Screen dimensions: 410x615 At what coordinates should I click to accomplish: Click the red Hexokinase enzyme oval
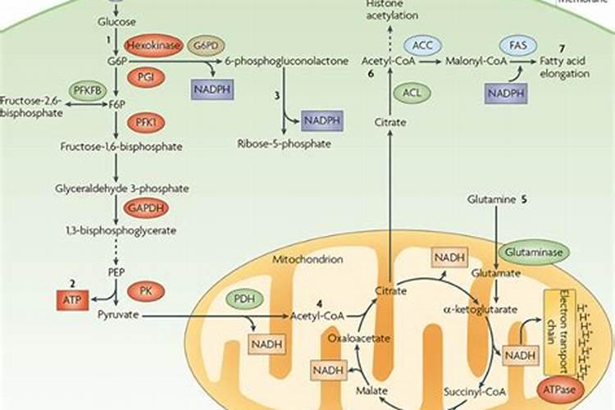tap(153, 43)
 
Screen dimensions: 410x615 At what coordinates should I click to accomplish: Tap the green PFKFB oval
tap(91, 91)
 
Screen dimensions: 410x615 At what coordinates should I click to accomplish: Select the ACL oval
tap(412, 92)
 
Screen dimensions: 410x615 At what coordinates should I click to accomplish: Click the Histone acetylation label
tap(390, 10)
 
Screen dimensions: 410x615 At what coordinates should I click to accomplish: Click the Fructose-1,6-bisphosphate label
tap(121, 147)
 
